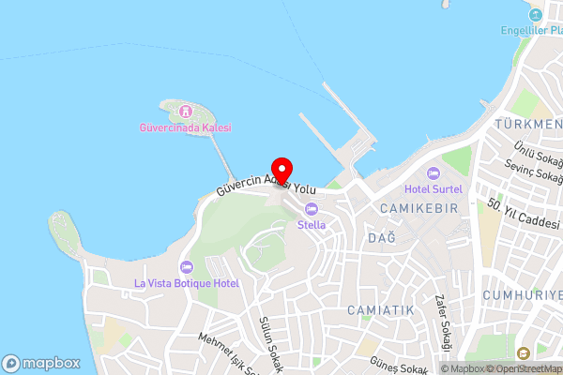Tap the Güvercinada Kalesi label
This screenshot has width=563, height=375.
[x=187, y=127]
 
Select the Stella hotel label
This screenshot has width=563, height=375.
[x=312, y=225]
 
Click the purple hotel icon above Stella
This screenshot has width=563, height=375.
[x=312, y=209]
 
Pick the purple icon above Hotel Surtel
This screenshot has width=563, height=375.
[x=434, y=173]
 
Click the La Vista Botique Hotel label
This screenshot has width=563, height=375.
[x=187, y=283]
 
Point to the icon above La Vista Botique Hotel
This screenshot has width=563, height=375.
[x=186, y=267]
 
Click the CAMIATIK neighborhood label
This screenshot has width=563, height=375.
[x=380, y=309]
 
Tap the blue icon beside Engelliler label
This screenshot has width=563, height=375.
[x=536, y=16]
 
